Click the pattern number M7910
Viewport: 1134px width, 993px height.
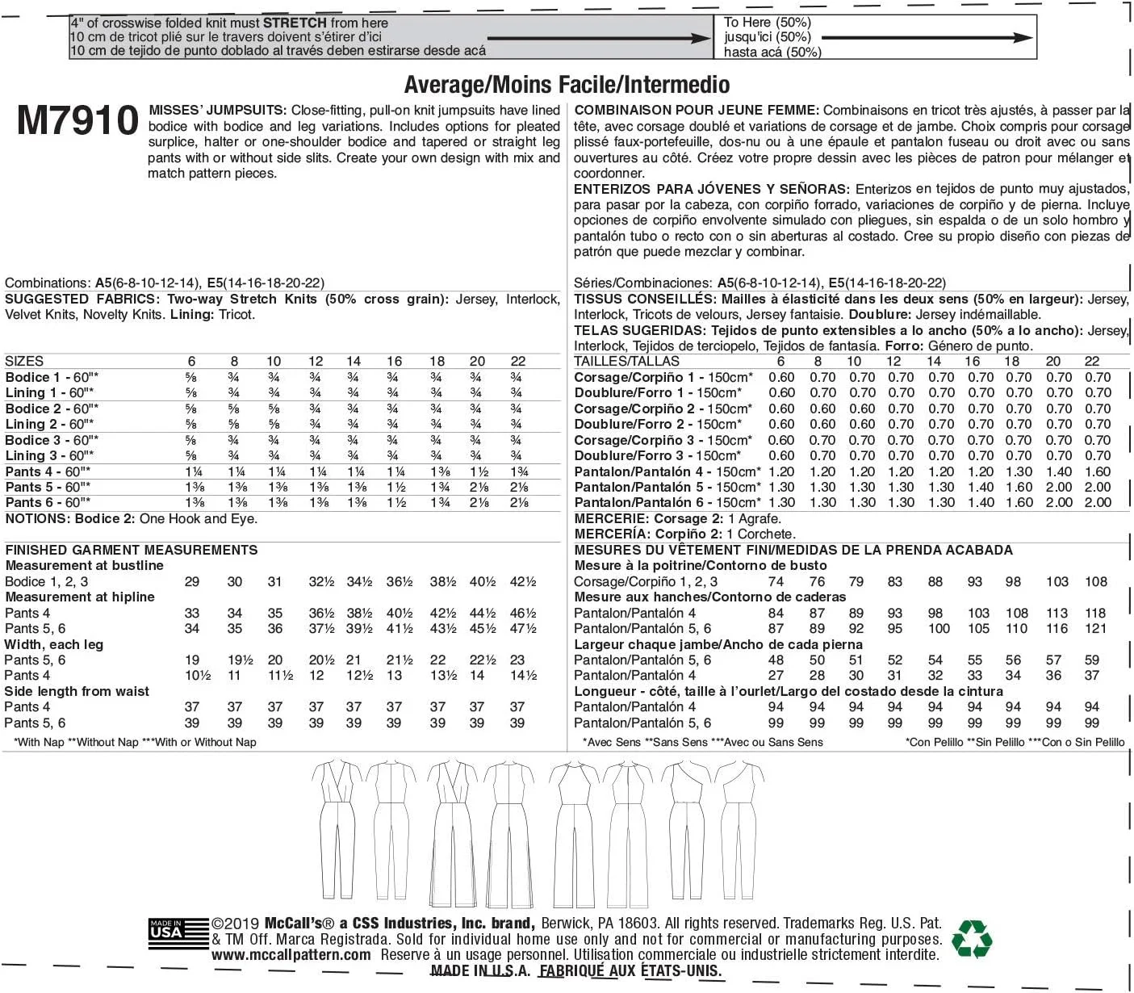point(77,121)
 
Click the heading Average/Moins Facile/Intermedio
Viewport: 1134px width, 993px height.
point(567,85)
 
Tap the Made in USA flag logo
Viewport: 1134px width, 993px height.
point(167,933)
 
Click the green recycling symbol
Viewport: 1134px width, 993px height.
point(972,938)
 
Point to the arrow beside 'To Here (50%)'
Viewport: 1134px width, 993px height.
point(927,37)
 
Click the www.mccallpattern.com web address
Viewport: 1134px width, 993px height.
point(291,955)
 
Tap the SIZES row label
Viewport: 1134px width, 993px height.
point(24,362)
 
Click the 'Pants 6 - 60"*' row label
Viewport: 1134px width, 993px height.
point(48,502)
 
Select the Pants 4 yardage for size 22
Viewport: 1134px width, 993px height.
point(519,471)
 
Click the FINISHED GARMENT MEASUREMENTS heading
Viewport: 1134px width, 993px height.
point(132,550)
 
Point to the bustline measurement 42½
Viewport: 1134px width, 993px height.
point(523,581)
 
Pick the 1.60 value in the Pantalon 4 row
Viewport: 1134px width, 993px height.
point(1098,471)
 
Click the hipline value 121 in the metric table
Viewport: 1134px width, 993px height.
point(1095,628)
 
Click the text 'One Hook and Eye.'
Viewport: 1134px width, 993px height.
point(199,518)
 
